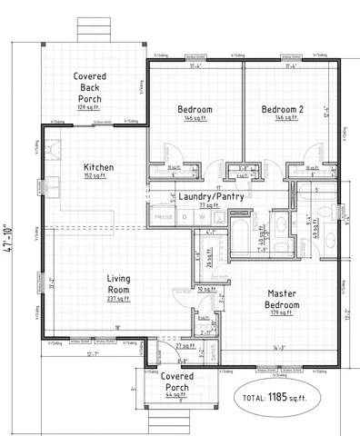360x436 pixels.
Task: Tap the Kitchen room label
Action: point(97,167)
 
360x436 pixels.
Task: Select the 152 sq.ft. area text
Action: point(97,176)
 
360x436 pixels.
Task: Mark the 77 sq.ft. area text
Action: point(210,206)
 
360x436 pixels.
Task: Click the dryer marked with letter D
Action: point(185,217)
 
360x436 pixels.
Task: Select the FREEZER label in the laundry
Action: point(163,218)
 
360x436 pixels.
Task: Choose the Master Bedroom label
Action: point(284,299)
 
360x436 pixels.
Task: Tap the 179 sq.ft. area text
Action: point(284,313)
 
